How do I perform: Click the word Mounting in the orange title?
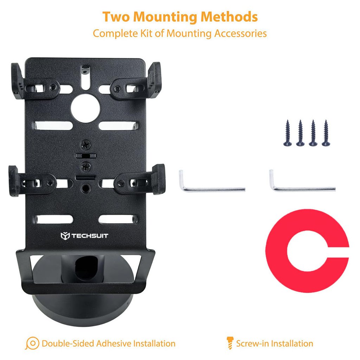164,17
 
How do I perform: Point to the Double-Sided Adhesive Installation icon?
32,343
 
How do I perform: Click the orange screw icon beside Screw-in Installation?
230,343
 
